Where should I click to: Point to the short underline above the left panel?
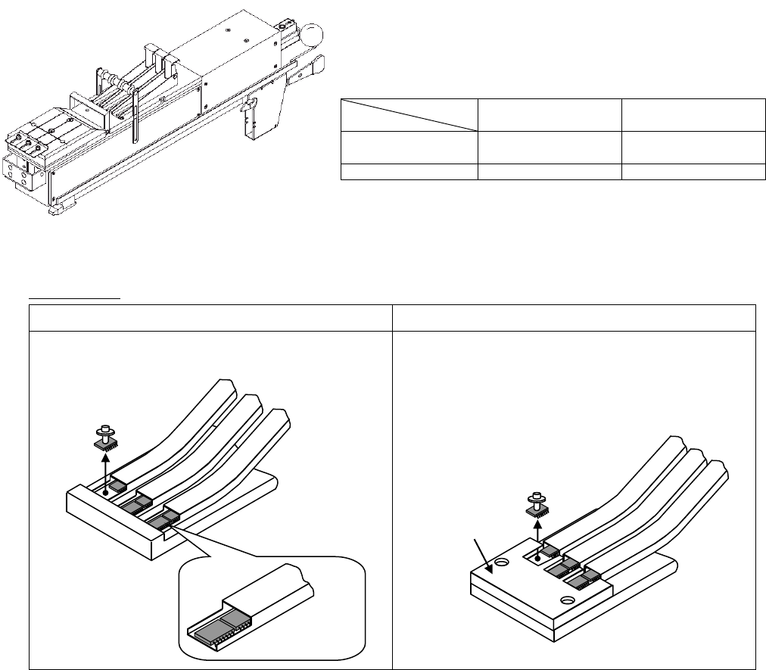[x=75, y=298]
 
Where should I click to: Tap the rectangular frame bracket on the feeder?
[x=89, y=107]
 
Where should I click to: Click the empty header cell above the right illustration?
[x=574, y=318]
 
